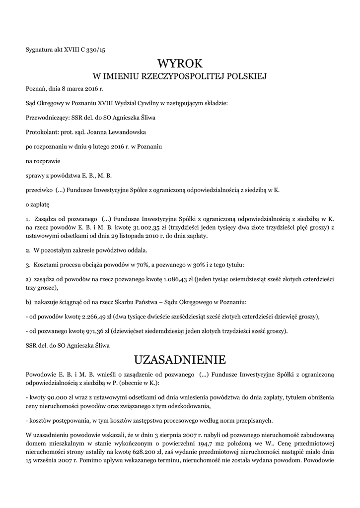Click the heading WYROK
(x=180, y=63)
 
